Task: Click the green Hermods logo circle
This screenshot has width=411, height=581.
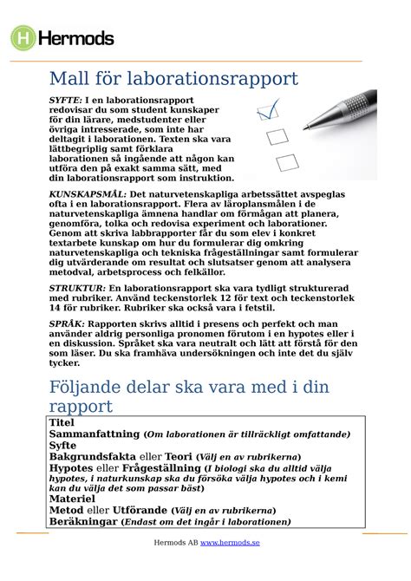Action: pos(23,37)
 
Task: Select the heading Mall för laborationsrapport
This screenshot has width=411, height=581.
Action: pos(173,81)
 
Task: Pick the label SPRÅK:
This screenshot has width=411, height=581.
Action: pos(66,322)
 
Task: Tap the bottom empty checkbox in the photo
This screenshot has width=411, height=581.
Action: pos(285,161)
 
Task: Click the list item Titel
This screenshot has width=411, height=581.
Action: pos(62,422)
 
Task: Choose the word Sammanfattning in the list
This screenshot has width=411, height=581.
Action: pos(95,434)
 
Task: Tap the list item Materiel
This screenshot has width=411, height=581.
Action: pos(72,499)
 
